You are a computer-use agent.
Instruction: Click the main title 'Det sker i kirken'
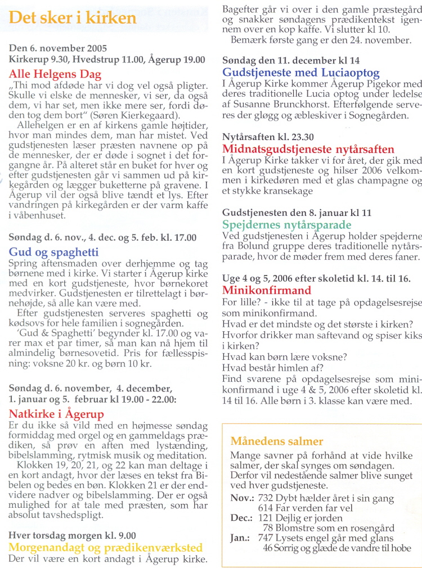[x=73, y=17]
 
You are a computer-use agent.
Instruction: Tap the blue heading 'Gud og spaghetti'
[x=53, y=253]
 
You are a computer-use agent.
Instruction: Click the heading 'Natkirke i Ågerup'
[x=56, y=414]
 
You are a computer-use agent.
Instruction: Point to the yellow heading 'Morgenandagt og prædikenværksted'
[x=106, y=547]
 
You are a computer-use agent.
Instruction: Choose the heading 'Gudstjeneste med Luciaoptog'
[x=301, y=73]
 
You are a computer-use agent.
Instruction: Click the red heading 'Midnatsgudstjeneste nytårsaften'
[x=308, y=149]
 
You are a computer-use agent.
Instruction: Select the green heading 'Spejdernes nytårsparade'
[x=287, y=225]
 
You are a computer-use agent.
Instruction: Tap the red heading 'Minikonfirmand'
[x=267, y=290]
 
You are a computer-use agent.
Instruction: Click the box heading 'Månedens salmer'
[x=277, y=441]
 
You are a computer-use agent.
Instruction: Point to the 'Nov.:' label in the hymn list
[x=243, y=498]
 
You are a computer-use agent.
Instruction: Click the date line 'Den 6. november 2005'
[x=58, y=48]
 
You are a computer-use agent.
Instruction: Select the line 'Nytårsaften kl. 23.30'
[x=268, y=137]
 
